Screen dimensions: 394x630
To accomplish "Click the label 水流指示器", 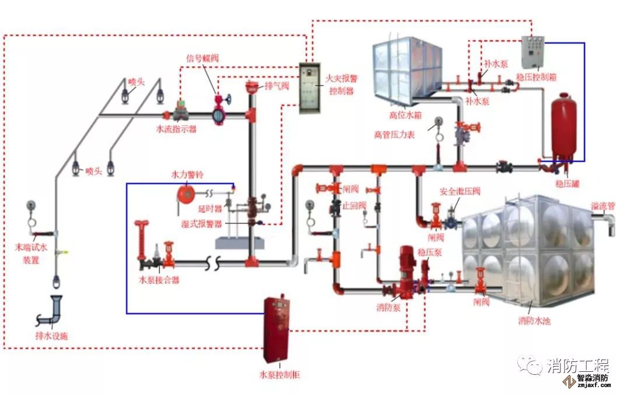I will (x=176, y=129).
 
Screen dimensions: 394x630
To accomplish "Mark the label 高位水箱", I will (x=405, y=114).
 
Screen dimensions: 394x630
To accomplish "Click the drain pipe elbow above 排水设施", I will (x=57, y=309).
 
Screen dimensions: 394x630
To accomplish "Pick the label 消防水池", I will (x=534, y=321).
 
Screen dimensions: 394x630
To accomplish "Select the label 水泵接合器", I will (x=159, y=280).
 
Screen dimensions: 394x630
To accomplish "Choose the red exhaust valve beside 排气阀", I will (x=252, y=87).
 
